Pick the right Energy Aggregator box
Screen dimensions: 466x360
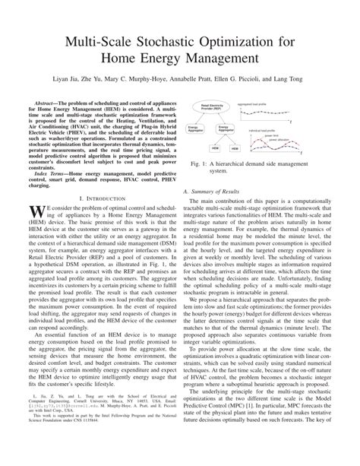224,128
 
